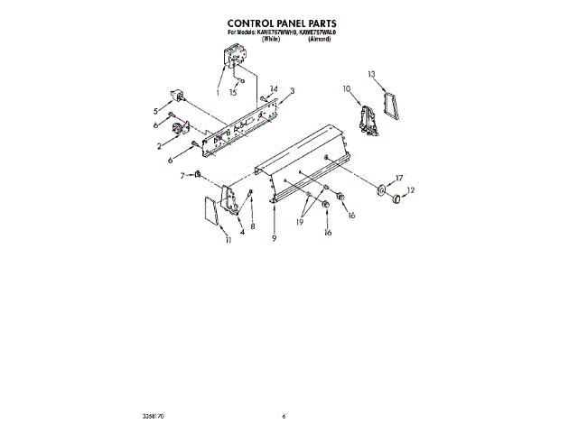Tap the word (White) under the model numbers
[270, 40]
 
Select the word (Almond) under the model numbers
[319, 40]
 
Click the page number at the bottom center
[283, 416]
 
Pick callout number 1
[218, 91]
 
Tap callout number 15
[233, 92]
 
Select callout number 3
[292, 91]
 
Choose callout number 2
[159, 145]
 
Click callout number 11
[228, 241]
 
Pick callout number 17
[399, 178]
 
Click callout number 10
[346, 88]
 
